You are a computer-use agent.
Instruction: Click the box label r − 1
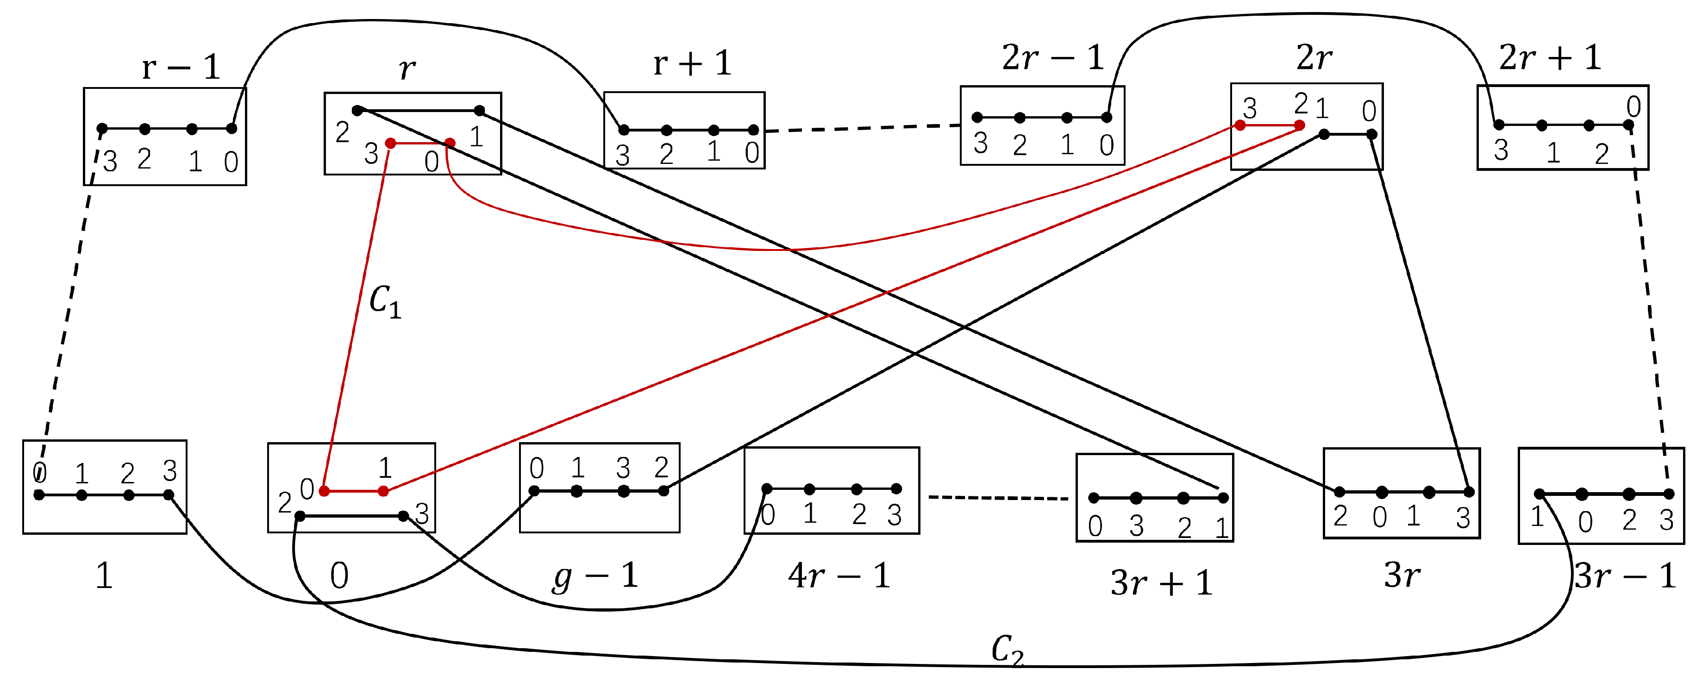tap(181, 67)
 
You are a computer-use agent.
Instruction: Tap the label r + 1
tap(692, 64)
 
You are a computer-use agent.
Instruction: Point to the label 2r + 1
tap(1550, 58)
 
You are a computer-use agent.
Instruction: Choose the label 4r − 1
tap(839, 576)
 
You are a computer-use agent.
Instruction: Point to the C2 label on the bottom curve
tap(1008, 650)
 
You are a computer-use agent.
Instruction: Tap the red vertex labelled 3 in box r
tap(390, 143)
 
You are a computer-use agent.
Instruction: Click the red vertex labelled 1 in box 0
tap(383, 490)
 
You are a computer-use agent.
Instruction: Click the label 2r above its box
tap(1314, 58)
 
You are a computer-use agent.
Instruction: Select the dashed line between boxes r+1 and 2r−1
tap(863, 128)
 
